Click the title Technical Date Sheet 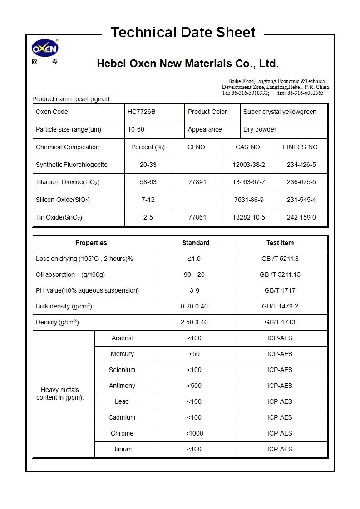[x=183, y=33]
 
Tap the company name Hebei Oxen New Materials [x=187, y=64]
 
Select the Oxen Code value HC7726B [x=141, y=112]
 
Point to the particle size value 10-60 [x=136, y=129]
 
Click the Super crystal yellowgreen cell [x=280, y=112]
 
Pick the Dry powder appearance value [x=260, y=129]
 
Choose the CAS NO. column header [x=248, y=147]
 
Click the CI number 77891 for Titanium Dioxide [x=197, y=182]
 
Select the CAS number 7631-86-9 [x=249, y=200]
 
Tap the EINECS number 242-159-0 [x=301, y=217]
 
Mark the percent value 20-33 [x=148, y=165]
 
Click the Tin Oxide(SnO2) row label [x=59, y=217]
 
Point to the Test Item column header [x=280, y=243]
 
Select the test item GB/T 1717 [x=280, y=290]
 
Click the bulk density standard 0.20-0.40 [x=194, y=306]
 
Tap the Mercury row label [x=122, y=354]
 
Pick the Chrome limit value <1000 [x=194, y=433]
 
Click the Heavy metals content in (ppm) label [x=60, y=393]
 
